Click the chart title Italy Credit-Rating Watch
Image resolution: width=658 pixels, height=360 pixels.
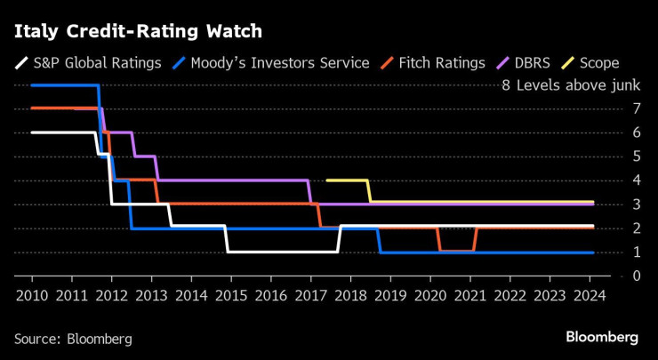(x=138, y=32)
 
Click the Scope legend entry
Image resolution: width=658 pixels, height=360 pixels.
(x=590, y=63)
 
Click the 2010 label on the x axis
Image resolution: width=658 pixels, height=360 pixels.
(x=32, y=294)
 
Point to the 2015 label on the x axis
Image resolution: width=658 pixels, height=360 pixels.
(x=230, y=294)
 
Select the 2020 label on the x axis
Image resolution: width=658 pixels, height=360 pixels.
(x=429, y=294)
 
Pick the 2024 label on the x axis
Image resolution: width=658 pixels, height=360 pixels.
(x=589, y=294)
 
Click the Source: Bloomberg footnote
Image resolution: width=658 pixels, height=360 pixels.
(x=73, y=339)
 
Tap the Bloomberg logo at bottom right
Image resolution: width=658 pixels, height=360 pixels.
(x=602, y=337)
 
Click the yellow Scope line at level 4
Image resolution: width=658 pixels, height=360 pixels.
(x=347, y=180)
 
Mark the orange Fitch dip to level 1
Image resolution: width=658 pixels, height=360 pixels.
(x=457, y=251)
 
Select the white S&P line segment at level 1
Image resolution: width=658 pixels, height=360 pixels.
(x=282, y=252)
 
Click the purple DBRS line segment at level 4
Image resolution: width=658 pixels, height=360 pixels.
(x=231, y=180)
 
